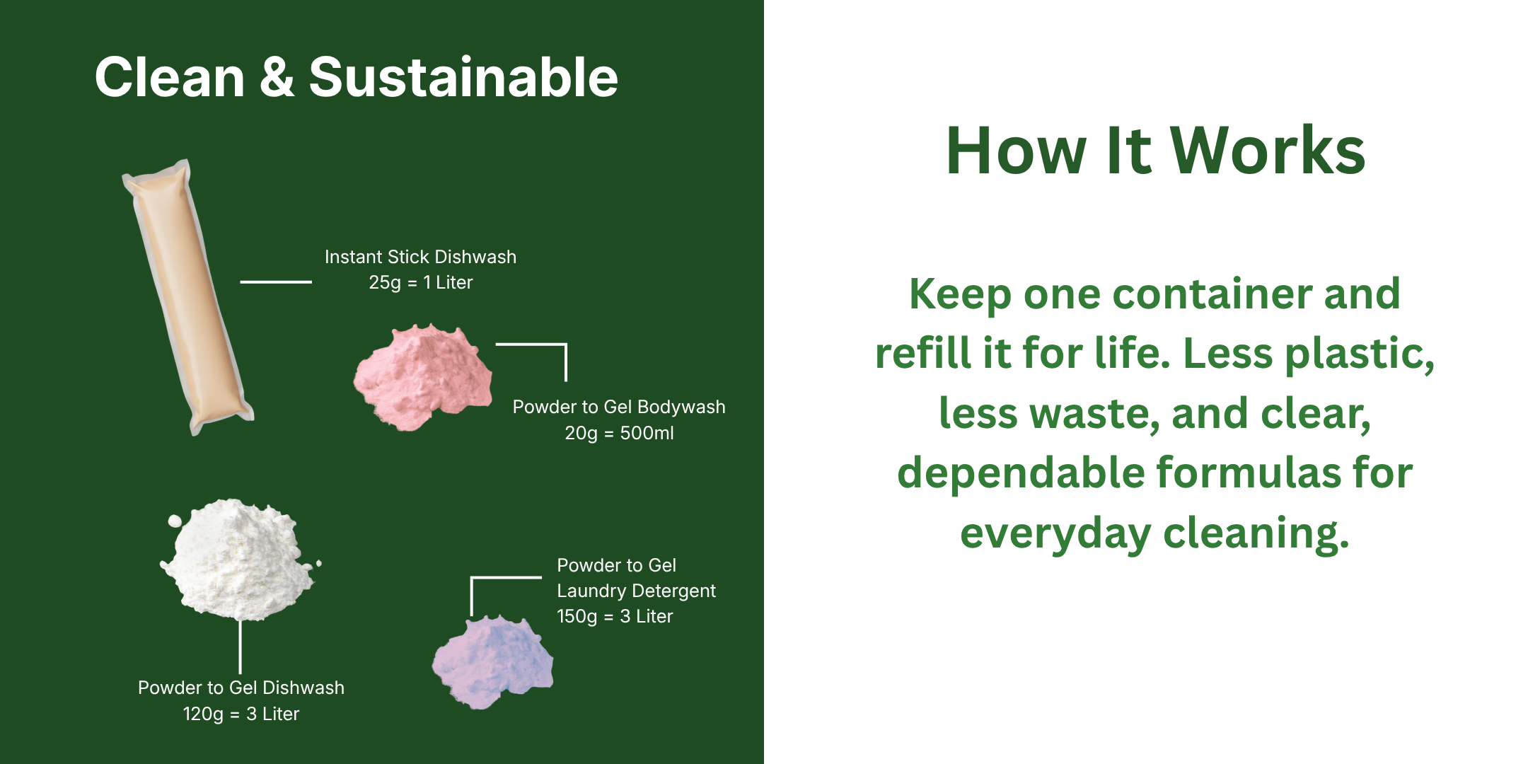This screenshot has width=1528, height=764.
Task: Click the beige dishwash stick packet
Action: coord(187,297)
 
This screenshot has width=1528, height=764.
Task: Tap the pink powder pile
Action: coord(423,376)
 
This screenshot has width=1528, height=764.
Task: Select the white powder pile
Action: coord(239,559)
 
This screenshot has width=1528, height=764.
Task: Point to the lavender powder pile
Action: coord(493,661)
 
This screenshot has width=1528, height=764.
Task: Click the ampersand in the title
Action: coord(277,76)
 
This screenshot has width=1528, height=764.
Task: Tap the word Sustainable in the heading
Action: coord(463,76)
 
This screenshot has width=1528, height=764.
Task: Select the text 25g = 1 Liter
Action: coord(421,283)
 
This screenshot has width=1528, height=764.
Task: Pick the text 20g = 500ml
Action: coord(619,433)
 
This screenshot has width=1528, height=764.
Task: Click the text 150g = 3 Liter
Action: coord(615,616)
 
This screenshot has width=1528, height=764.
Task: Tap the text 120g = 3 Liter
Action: coord(241,714)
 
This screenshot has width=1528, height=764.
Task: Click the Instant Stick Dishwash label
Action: coord(420,257)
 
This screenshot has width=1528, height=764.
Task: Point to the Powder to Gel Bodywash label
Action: coord(619,407)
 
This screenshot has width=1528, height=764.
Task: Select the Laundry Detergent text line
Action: coord(636,591)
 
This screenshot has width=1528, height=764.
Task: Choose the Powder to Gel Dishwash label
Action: coord(241,688)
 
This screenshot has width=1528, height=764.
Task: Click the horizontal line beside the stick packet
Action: coord(276,282)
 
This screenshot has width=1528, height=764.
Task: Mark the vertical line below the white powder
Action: coord(241,647)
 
